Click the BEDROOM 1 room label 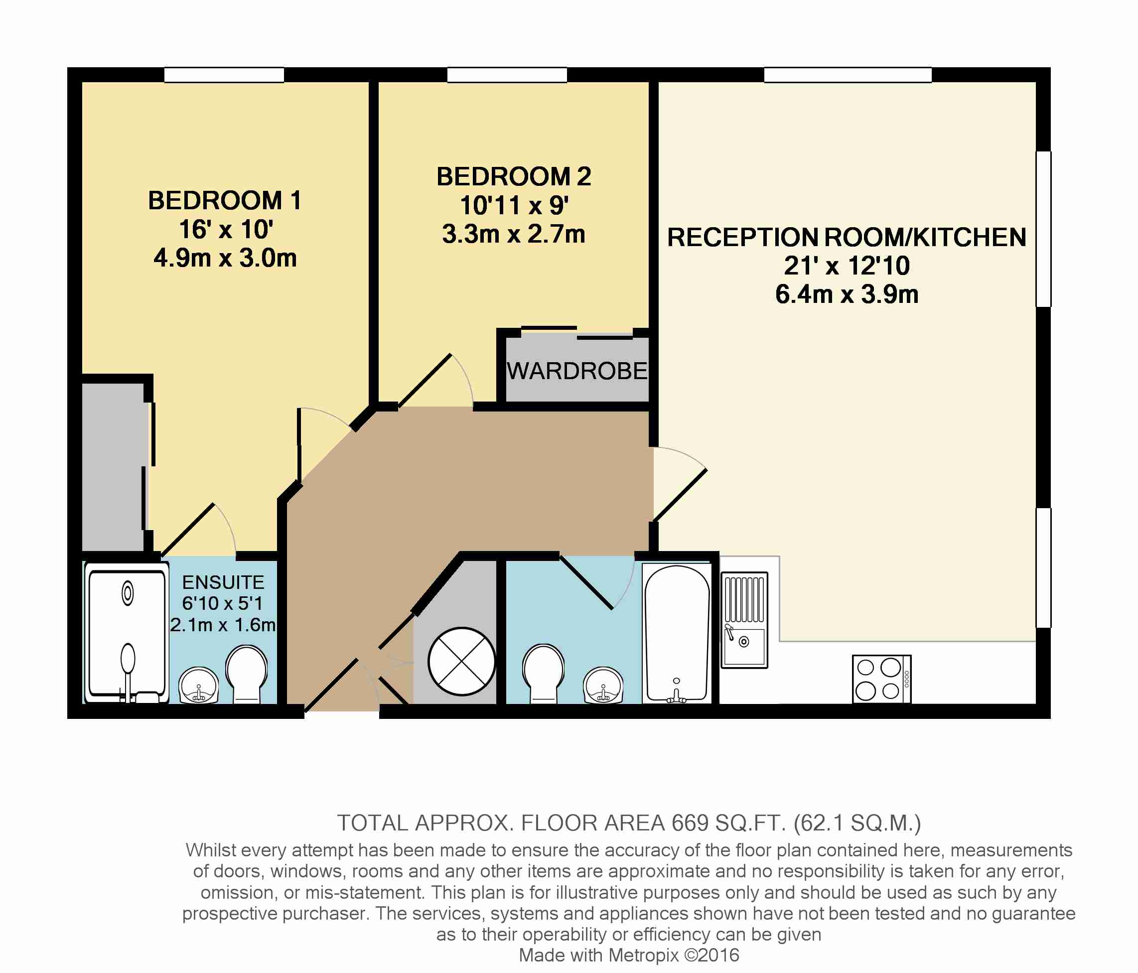[225, 200]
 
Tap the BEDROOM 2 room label [514, 177]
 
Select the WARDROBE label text [577, 371]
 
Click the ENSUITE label [223, 582]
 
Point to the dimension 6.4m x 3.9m [847, 294]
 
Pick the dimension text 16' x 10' [226, 230]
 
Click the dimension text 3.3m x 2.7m [514, 235]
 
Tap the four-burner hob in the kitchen [881, 679]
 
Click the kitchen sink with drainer [744, 620]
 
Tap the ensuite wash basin [199, 685]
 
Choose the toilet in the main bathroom [544, 674]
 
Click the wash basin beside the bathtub [603, 685]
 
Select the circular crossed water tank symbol [462, 662]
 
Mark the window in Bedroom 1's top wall [224, 75]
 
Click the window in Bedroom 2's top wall [507, 75]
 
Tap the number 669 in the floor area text [690, 823]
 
